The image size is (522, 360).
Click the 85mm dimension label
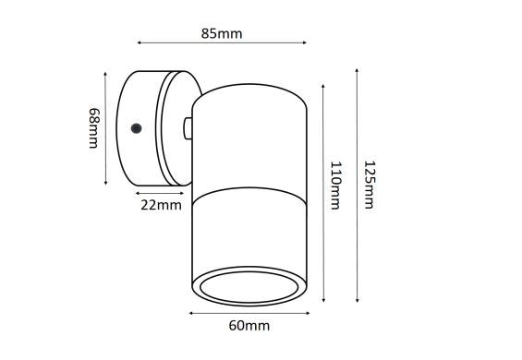click(x=222, y=33)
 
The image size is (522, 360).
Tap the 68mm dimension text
click(x=94, y=127)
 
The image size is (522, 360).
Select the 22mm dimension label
click(x=161, y=205)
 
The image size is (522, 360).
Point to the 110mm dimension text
click(x=335, y=186)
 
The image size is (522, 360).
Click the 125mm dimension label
click(x=370, y=185)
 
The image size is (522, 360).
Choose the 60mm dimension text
click(x=249, y=326)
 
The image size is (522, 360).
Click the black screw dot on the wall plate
click(x=136, y=128)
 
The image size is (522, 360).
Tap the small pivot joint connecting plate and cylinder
click(x=188, y=128)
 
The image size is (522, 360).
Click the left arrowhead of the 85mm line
click(x=140, y=42)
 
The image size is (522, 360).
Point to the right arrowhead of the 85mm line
click(x=304, y=42)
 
